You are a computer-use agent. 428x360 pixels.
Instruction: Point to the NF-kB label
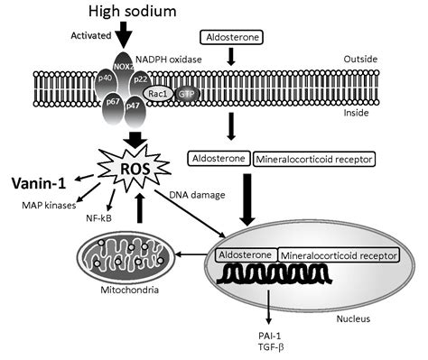coord(98,219)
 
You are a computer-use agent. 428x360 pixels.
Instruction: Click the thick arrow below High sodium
coord(125,37)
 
